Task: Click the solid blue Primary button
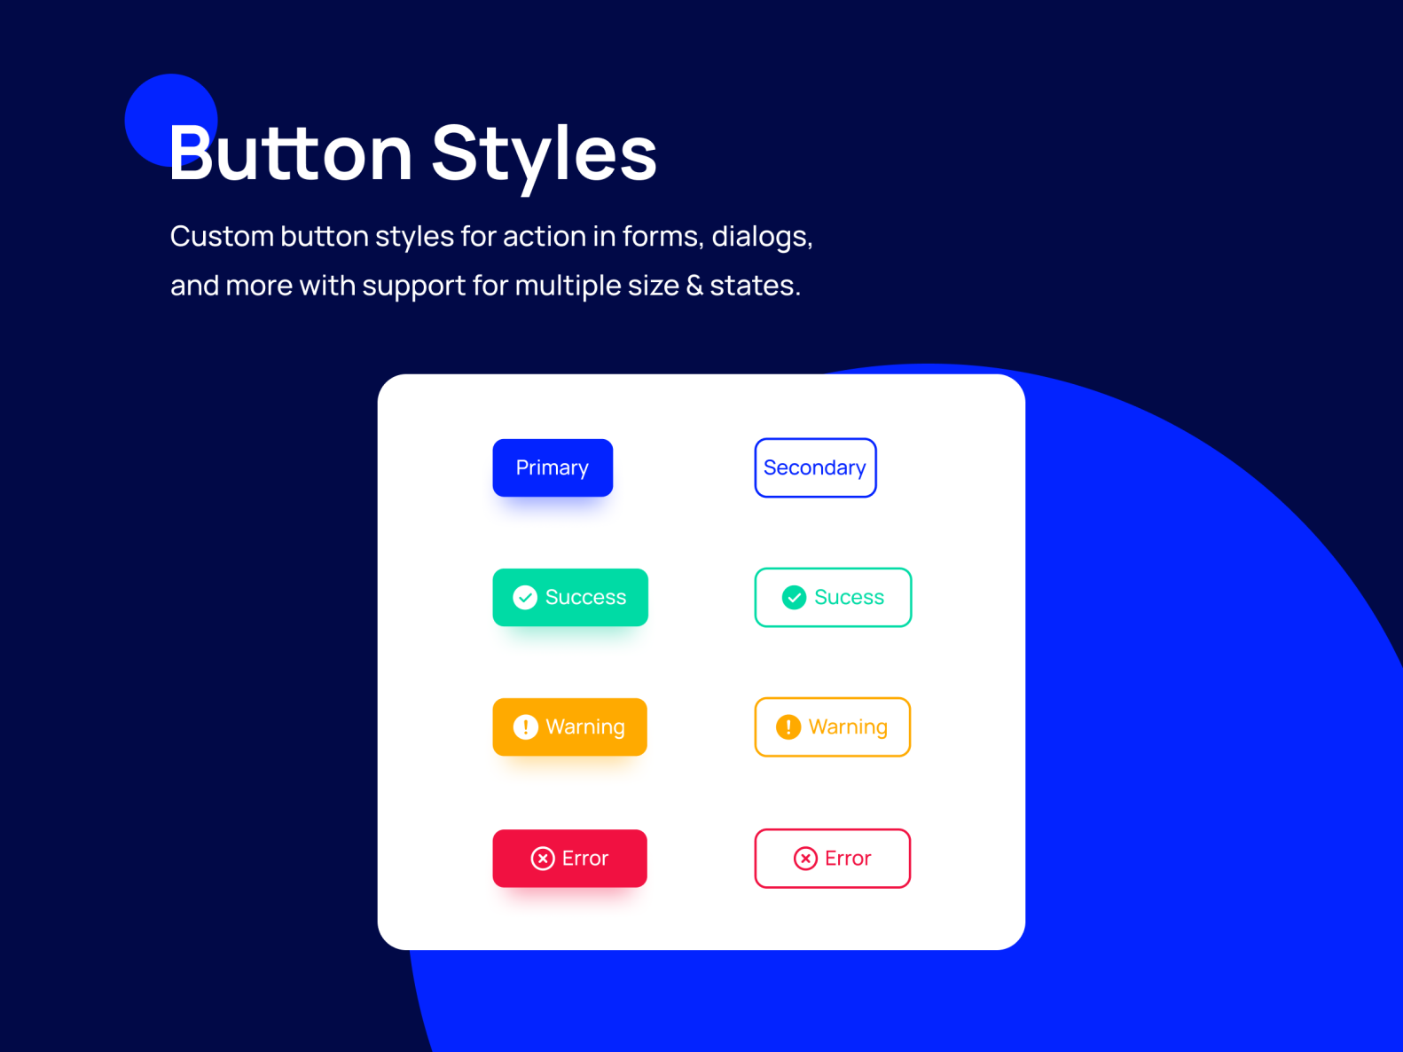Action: click(553, 467)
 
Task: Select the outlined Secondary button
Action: click(815, 467)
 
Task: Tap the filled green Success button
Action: click(570, 597)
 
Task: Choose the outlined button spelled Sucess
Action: click(833, 597)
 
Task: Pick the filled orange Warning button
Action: click(569, 726)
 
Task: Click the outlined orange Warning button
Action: click(832, 726)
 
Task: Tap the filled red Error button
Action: click(569, 858)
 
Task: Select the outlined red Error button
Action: click(832, 858)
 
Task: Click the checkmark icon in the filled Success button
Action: click(525, 597)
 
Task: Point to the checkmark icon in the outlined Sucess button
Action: click(794, 597)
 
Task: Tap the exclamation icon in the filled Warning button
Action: click(526, 726)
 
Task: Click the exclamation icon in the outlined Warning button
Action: click(788, 726)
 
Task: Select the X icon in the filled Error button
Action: click(543, 858)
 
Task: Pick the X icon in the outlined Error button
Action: click(805, 858)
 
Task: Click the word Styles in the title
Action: click(544, 153)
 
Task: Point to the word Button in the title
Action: click(291, 153)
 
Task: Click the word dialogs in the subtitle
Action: click(762, 236)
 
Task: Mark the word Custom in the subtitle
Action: click(222, 236)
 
